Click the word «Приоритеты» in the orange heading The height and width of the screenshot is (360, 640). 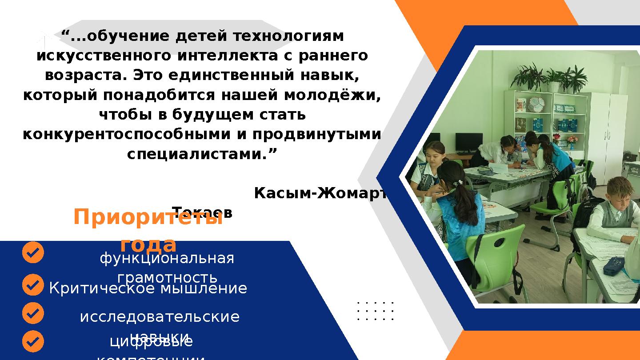pos(148,218)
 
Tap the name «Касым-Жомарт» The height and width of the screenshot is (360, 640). pos(320,193)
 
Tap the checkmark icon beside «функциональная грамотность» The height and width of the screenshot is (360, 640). pos(33,253)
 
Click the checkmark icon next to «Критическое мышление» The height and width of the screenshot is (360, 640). pos(33,284)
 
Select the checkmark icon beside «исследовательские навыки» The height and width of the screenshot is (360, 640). pos(33,313)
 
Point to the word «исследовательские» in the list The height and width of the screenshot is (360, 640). pos(160,317)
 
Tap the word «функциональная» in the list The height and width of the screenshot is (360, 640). pos(167,258)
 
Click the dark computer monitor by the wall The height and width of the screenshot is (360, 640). pos(469,142)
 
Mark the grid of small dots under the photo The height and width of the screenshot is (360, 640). pos(376,311)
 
